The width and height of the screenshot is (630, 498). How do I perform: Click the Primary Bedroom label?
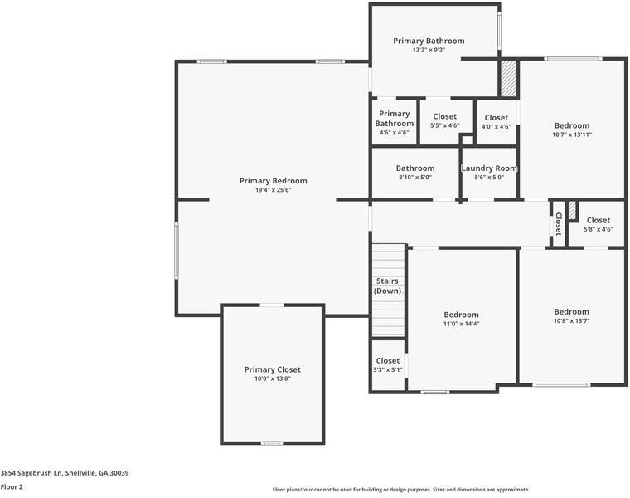pyautogui.click(x=273, y=181)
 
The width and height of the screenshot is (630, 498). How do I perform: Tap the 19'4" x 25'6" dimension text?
pyautogui.click(x=273, y=190)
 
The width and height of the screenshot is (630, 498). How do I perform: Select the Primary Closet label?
pyautogui.click(x=272, y=369)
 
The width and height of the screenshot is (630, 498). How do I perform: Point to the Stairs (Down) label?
pyautogui.click(x=387, y=286)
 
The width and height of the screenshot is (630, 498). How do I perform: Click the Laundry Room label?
pyautogui.click(x=489, y=168)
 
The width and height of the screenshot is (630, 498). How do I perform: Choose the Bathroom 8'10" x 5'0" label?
pyautogui.click(x=414, y=168)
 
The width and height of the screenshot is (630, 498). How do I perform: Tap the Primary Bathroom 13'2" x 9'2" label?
pyautogui.click(x=429, y=41)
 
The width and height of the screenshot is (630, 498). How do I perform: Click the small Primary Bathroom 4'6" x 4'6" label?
pyautogui.click(x=394, y=119)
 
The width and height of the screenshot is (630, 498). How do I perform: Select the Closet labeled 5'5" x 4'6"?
pyautogui.click(x=444, y=116)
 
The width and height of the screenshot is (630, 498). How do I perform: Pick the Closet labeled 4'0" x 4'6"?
pyautogui.click(x=496, y=118)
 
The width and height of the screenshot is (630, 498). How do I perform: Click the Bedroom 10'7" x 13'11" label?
pyautogui.click(x=571, y=125)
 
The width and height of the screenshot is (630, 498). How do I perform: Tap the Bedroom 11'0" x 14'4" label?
pyautogui.click(x=461, y=315)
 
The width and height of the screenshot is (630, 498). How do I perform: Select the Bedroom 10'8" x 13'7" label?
pyautogui.click(x=571, y=311)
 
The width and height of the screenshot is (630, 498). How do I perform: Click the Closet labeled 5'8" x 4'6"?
pyautogui.click(x=598, y=221)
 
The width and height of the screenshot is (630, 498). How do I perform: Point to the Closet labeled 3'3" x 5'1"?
pyautogui.click(x=387, y=361)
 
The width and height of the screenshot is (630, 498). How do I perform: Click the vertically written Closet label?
pyautogui.click(x=558, y=223)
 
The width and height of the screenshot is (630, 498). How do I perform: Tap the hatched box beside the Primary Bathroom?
pyautogui.click(x=507, y=79)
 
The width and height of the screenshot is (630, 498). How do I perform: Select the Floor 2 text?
pyautogui.click(x=12, y=487)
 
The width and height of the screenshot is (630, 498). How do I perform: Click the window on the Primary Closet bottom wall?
pyautogui.click(x=271, y=443)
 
